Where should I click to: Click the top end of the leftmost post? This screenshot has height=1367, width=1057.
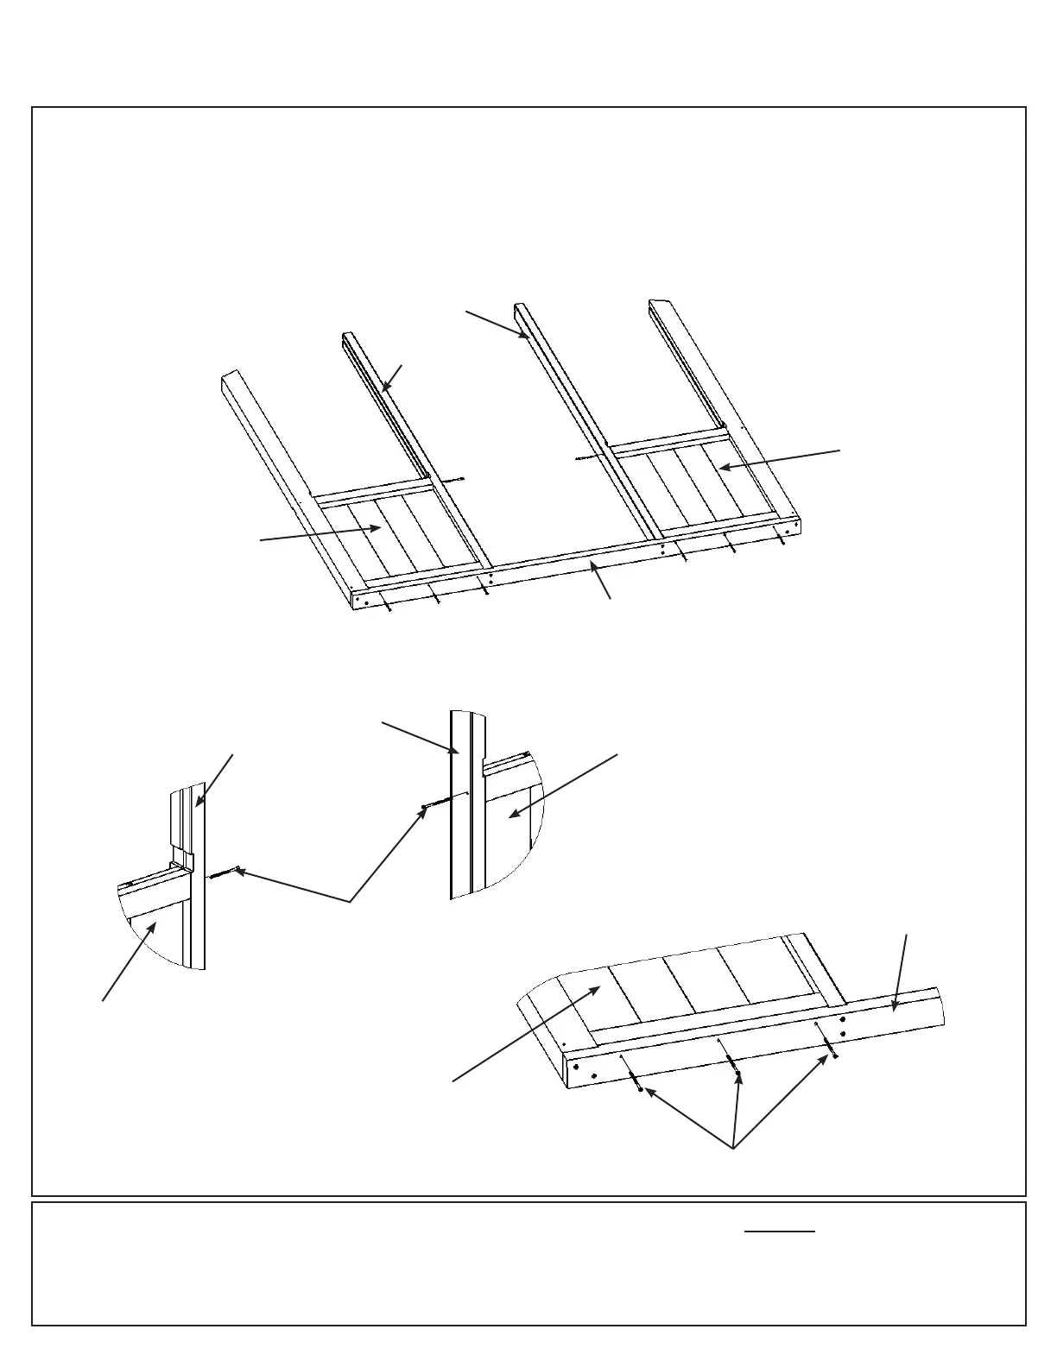[x=230, y=376]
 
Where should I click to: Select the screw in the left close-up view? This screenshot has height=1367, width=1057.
[x=222, y=874]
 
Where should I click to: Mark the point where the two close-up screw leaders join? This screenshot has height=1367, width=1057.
[x=350, y=903]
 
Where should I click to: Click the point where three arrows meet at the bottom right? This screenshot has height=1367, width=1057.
[x=733, y=1149]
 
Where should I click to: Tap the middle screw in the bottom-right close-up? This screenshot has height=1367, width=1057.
[x=735, y=1068]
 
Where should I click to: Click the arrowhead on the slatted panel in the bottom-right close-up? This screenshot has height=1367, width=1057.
[x=598, y=988]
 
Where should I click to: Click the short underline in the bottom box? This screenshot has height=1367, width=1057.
[x=780, y=1232]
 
